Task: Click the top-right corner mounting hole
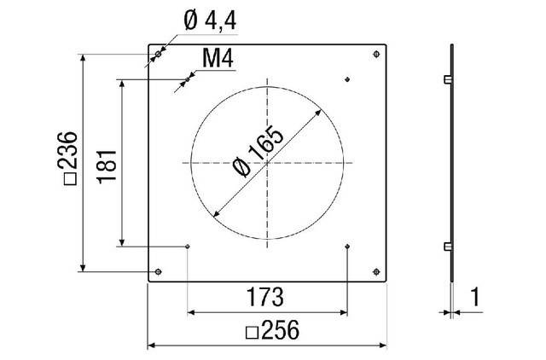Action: tap(377, 55)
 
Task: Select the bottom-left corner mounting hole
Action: tap(159, 272)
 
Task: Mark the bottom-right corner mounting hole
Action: tap(377, 272)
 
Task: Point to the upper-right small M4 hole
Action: tap(347, 80)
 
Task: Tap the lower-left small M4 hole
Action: tap(187, 247)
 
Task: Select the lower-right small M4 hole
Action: tap(347, 247)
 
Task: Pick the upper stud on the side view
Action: tap(446, 80)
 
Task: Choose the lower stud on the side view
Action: tap(446, 247)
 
